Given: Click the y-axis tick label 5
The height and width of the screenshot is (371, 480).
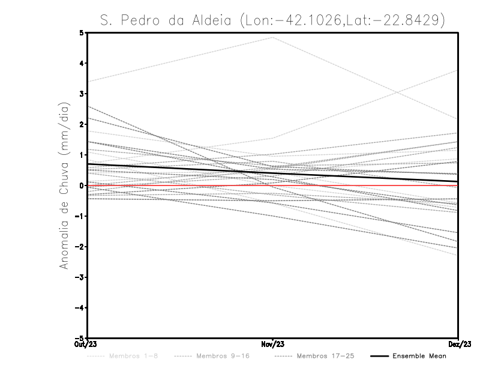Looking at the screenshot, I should point(82,32).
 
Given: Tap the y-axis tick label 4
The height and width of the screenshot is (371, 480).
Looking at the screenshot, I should point(82,63).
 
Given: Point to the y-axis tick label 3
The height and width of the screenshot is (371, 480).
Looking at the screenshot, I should point(82,94).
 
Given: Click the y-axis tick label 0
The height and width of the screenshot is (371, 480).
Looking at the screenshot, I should point(82,185).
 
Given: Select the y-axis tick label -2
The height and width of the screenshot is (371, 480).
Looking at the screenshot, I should point(80,247).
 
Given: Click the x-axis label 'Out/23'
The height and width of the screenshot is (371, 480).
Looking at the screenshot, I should point(85,345).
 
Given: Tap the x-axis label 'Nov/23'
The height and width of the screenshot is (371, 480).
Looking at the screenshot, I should point(272,345).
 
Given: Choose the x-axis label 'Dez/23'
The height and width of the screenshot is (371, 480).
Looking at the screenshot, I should point(459,345).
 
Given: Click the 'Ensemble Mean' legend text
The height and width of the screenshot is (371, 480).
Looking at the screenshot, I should point(419,356).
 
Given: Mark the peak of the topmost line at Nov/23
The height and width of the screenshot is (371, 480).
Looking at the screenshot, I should point(273,37).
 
